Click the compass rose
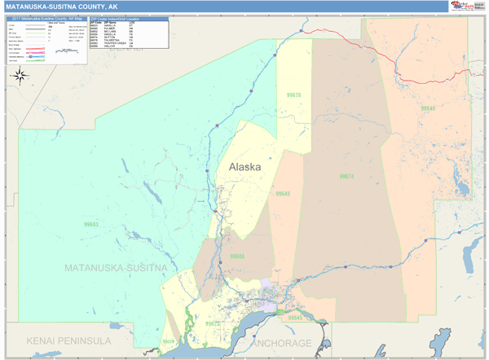pyautogui.click(x=20, y=76)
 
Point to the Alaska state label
pyautogui.click(x=244, y=167)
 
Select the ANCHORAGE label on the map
pyautogui.click(x=282, y=343)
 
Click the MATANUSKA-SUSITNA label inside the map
pyautogui.click(x=116, y=267)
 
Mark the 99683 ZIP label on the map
pyautogui.click(x=90, y=223)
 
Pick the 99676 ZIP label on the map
pyautogui.click(x=293, y=95)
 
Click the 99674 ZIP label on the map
pyautogui.click(x=346, y=176)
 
